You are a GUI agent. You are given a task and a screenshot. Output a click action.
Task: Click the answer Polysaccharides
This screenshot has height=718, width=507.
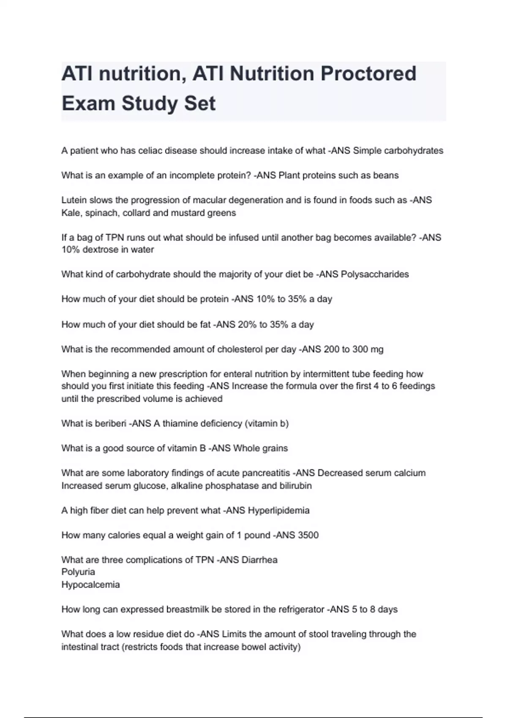coord(375,275)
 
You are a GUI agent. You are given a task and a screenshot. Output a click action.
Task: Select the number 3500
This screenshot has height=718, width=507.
coord(308,535)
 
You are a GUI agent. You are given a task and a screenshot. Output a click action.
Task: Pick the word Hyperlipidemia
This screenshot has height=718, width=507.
coord(278,511)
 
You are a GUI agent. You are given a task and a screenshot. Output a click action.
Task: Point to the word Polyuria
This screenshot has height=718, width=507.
coord(78,572)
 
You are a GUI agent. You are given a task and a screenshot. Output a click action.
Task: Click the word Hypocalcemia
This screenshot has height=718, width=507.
coord(90,585)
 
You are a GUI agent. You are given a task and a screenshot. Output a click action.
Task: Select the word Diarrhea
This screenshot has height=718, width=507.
coord(259,560)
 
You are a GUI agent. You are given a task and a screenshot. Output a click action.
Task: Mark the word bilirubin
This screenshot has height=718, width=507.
coord(295,486)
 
